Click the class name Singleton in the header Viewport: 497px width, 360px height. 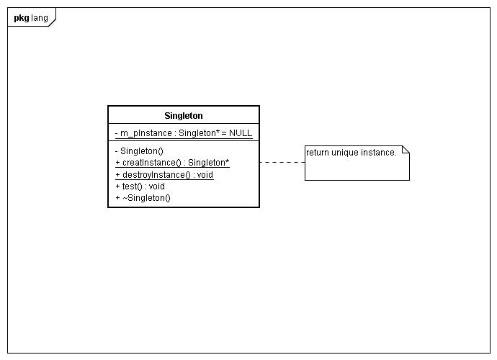(184, 116)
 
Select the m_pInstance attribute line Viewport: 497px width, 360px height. (184, 133)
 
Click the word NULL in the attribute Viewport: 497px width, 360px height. (241, 132)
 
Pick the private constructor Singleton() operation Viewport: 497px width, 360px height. (139, 151)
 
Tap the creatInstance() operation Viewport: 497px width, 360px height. (172, 163)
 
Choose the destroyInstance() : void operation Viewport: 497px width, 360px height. (164, 175)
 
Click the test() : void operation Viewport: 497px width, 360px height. (140, 186)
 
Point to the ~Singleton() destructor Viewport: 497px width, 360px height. (143, 198)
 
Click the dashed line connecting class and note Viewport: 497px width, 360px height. (282, 162)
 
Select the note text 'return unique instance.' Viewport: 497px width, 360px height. (352, 153)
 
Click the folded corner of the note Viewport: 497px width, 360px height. (406, 150)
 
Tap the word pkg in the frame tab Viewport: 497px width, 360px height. (21, 18)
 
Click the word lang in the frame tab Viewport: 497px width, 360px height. (40, 18)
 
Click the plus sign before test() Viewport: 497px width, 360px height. (117, 186)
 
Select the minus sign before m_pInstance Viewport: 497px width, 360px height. (116, 133)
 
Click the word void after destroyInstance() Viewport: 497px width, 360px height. (205, 175)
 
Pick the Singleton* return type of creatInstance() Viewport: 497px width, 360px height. (208, 163)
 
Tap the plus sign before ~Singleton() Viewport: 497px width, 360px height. (117, 198)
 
